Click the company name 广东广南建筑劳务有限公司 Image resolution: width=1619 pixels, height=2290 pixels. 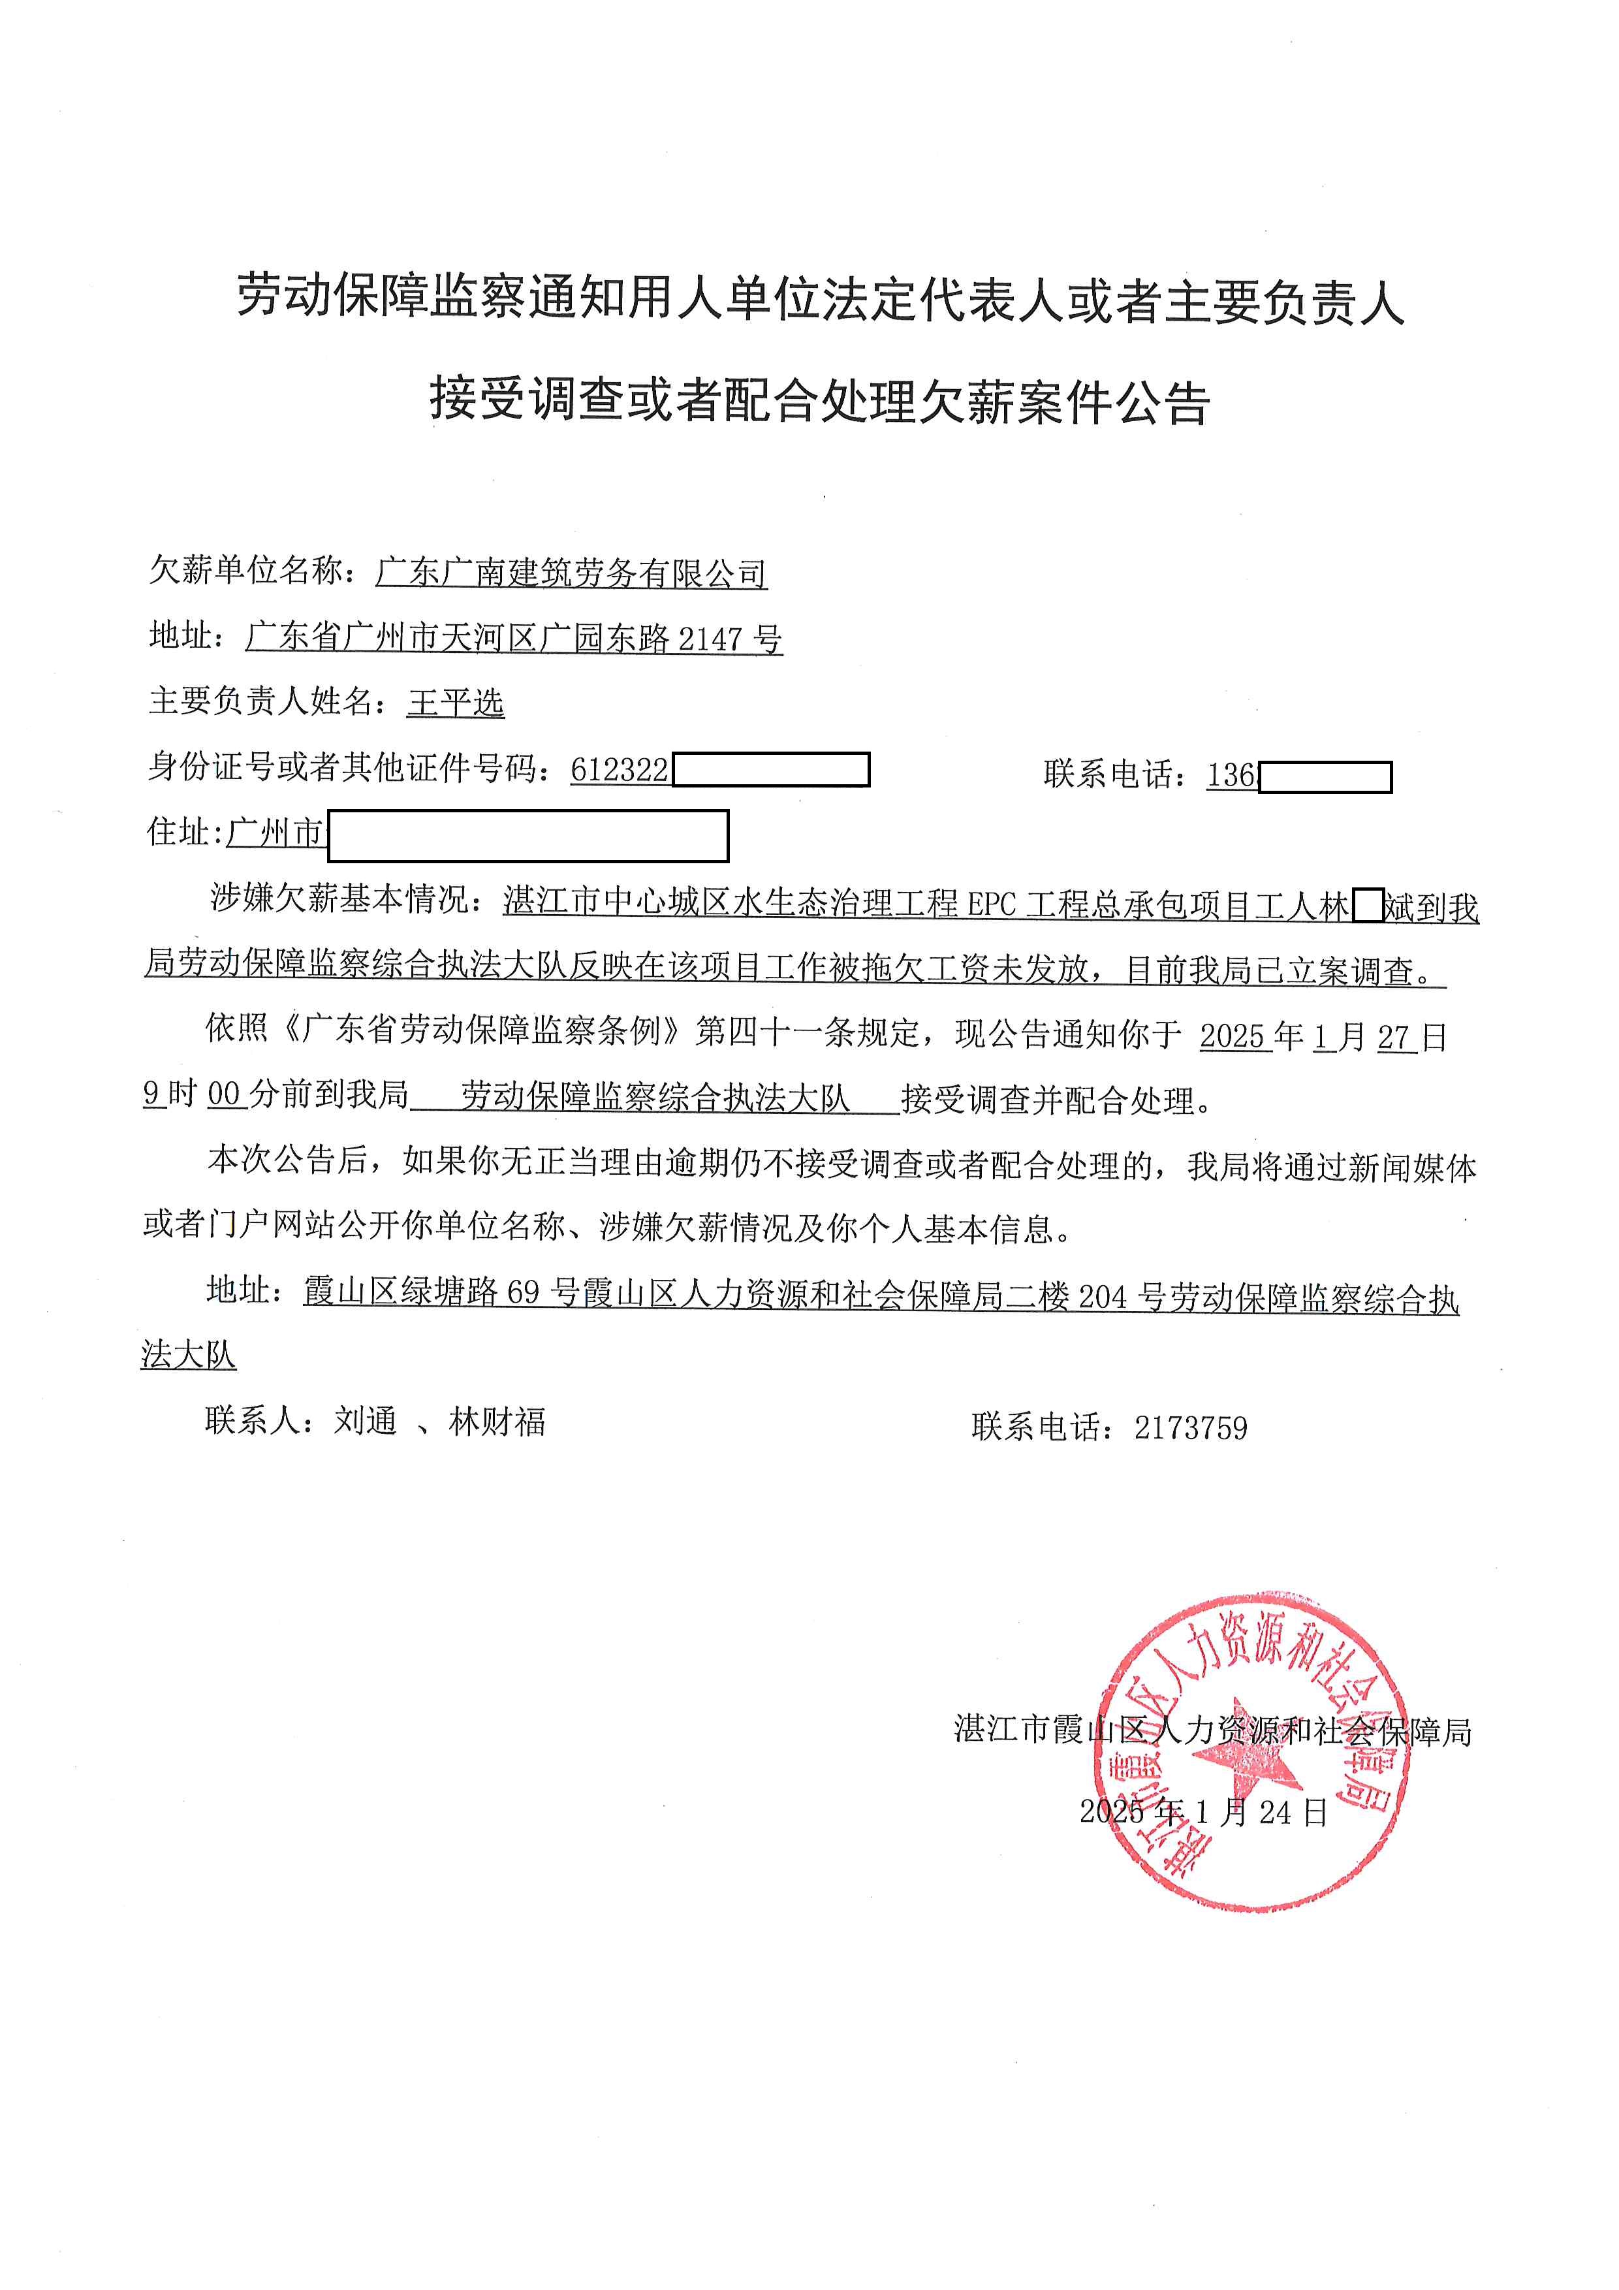pyautogui.click(x=571, y=573)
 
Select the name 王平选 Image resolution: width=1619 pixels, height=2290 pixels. pyautogui.click(x=456, y=703)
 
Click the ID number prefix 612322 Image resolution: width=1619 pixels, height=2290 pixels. pyautogui.click(x=619, y=770)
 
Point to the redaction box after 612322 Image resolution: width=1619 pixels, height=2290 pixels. pyautogui.click(x=770, y=770)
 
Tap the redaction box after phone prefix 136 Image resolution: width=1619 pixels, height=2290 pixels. pyautogui.click(x=1325, y=777)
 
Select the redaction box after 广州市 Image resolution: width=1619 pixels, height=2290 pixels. pyautogui.click(x=528, y=836)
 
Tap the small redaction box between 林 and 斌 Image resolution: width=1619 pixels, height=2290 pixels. pyautogui.click(x=1368, y=906)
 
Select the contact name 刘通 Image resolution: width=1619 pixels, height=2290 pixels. pyautogui.click(x=365, y=1422)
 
